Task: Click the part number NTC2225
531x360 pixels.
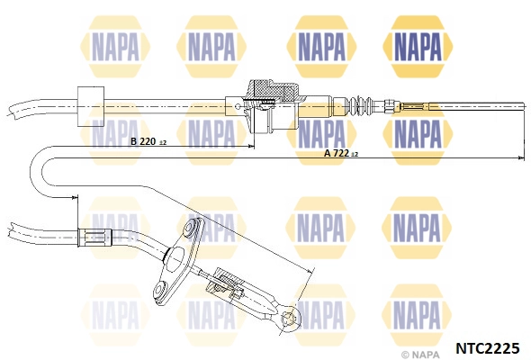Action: pyautogui.click(x=488, y=347)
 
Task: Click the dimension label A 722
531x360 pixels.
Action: pyautogui.click(x=337, y=153)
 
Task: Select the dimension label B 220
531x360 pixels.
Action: pyautogui.click(x=142, y=141)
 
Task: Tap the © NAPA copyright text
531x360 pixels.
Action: pyautogui.click(x=421, y=355)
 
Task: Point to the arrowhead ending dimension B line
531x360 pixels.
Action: pyautogui.click(x=251, y=147)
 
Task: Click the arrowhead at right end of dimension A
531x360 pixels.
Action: pyautogui.click(x=521, y=157)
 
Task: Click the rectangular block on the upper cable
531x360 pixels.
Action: pyautogui.click(x=91, y=107)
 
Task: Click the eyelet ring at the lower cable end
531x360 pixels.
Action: pyautogui.click(x=290, y=318)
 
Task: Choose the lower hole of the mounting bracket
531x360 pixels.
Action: pyautogui.click(x=160, y=289)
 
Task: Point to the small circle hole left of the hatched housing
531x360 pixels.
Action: pyautogui.click(x=238, y=106)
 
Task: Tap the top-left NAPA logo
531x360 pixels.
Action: pyautogui.click(x=115, y=47)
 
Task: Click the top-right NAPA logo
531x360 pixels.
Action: pyautogui.click(x=418, y=47)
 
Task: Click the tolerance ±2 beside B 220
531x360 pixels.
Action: pyautogui.click(x=163, y=143)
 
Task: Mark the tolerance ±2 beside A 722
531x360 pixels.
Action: pyautogui.click(x=355, y=155)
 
